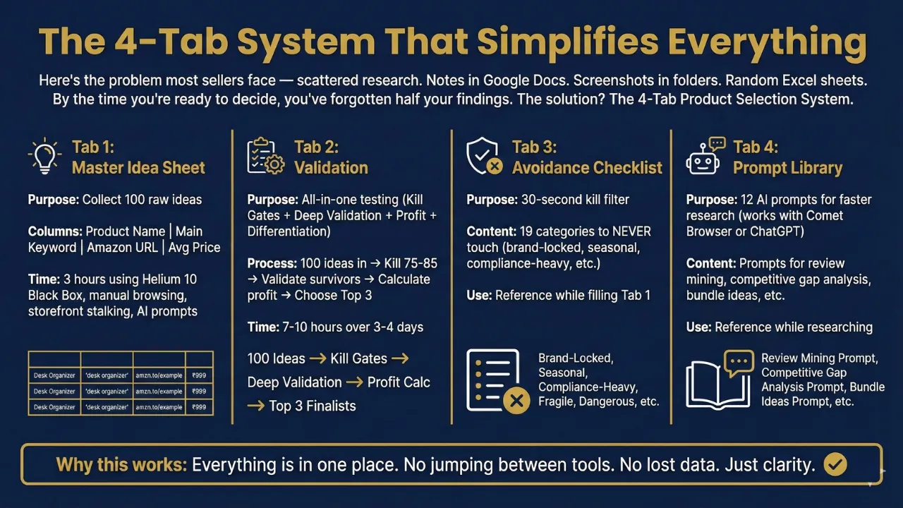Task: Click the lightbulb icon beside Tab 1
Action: [x=44, y=157]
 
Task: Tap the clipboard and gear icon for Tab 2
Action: [x=265, y=156]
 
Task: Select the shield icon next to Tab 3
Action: [x=484, y=156]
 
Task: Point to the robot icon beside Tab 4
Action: [x=705, y=156]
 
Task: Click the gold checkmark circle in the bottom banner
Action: [x=835, y=464]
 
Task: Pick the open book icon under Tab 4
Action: [x=720, y=380]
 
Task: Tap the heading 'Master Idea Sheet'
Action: [x=138, y=168]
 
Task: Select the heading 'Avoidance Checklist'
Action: [x=587, y=168]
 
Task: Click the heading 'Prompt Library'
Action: [x=788, y=168]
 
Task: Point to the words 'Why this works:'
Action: [x=121, y=465]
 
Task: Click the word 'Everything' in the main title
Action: [x=767, y=42]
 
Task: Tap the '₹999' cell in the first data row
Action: [x=199, y=375]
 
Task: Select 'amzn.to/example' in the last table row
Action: [x=159, y=407]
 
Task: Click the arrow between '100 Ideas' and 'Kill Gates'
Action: [x=318, y=358]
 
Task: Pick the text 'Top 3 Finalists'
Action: [x=313, y=406]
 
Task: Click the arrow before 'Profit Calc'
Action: [x=354, y=382]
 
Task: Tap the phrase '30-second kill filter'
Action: [x=575, y=200]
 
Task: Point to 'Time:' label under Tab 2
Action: [x=263, y=327]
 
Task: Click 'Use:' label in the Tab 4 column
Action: [x=698, y=327]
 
